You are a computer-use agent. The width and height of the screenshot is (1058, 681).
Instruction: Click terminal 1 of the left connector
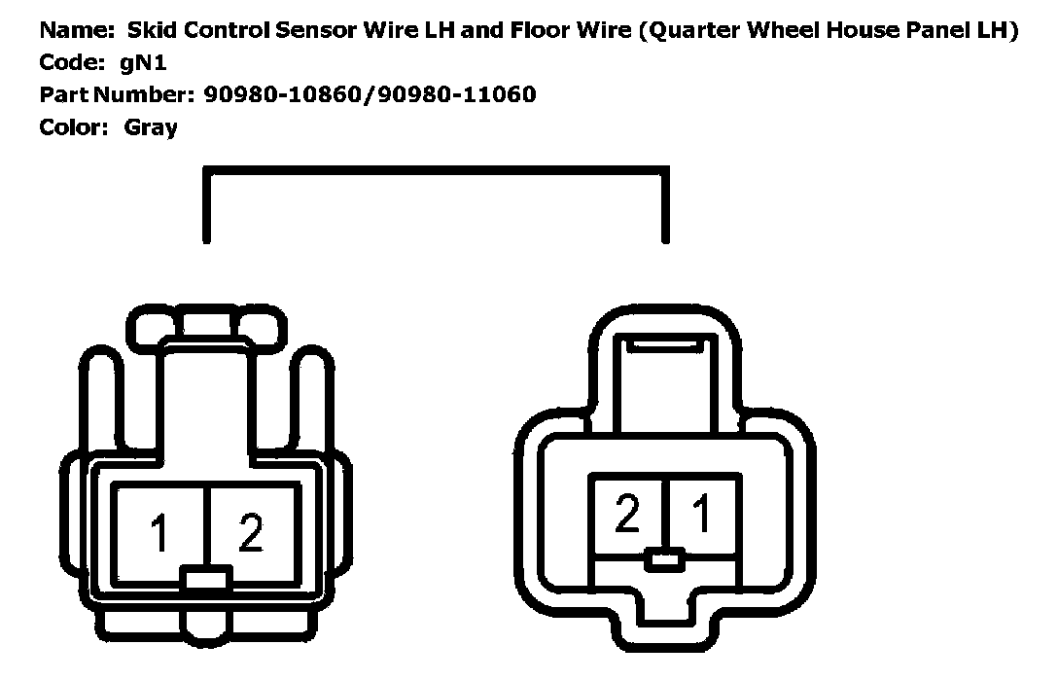coord(159,533)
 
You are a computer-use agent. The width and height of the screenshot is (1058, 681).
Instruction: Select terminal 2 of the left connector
coord(250,533)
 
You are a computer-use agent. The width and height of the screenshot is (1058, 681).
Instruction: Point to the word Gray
coord(151,126)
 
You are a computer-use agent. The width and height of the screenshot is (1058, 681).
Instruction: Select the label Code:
coord(70,62)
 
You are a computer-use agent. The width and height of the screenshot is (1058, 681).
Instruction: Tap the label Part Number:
coord(117,94)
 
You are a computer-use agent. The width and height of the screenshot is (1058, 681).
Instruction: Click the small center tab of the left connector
coord(205,582)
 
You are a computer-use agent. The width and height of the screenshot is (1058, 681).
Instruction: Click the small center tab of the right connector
coord(665,560)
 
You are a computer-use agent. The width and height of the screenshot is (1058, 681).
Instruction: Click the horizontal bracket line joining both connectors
coord(436,171)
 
